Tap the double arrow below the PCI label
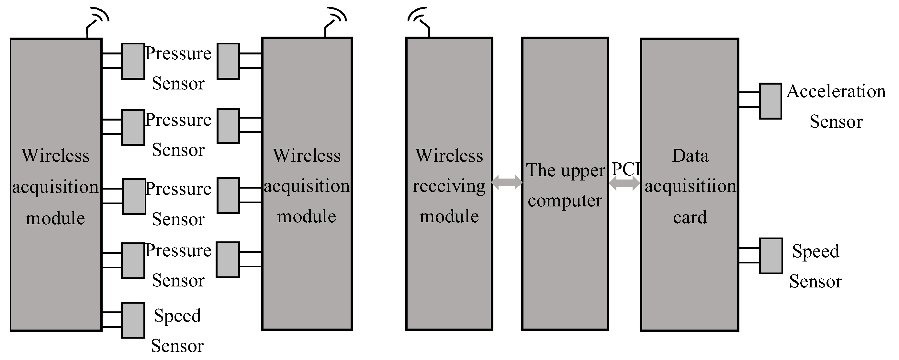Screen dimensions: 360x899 pyautogui.click(x=625, y=183)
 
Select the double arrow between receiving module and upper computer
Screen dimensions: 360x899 pyautogui.click(x=507, y=182)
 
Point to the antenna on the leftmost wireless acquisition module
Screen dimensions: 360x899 pyautogui.click(x=97, y=21)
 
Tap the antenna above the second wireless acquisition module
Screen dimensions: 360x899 pyautogui.click(x=335, y=21)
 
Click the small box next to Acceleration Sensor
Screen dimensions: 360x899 pyautogui.click(x=770, y=101)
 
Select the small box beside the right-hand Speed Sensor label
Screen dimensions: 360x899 pyautogui.click(x=771, y=256)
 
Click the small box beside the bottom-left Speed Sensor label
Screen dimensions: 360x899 pyautogui.click(x=133, y=320)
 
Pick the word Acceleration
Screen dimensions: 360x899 pyautogui.click(x=836, y=91)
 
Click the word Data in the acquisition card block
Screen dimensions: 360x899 pyautogui.click(x=690, y=156)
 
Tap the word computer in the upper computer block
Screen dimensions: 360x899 pyautogui.click(x=565, y=201)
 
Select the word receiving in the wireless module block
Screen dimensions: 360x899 pyautogui.click(x=449, y=186)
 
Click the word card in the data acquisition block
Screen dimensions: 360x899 pyautogui.click(x=690, y=217)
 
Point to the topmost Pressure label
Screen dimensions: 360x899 pyautogui.click(x=178, y=53)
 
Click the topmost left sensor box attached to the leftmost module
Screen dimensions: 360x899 pyautogui.click(x=133, y=61)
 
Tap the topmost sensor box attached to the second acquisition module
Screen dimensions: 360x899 pyautogui.click(x=228, y=61)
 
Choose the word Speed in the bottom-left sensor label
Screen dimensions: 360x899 pyautogui.click(x=177, y=316)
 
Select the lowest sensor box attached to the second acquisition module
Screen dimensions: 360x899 pyautogui.click(x=228, y=260)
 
